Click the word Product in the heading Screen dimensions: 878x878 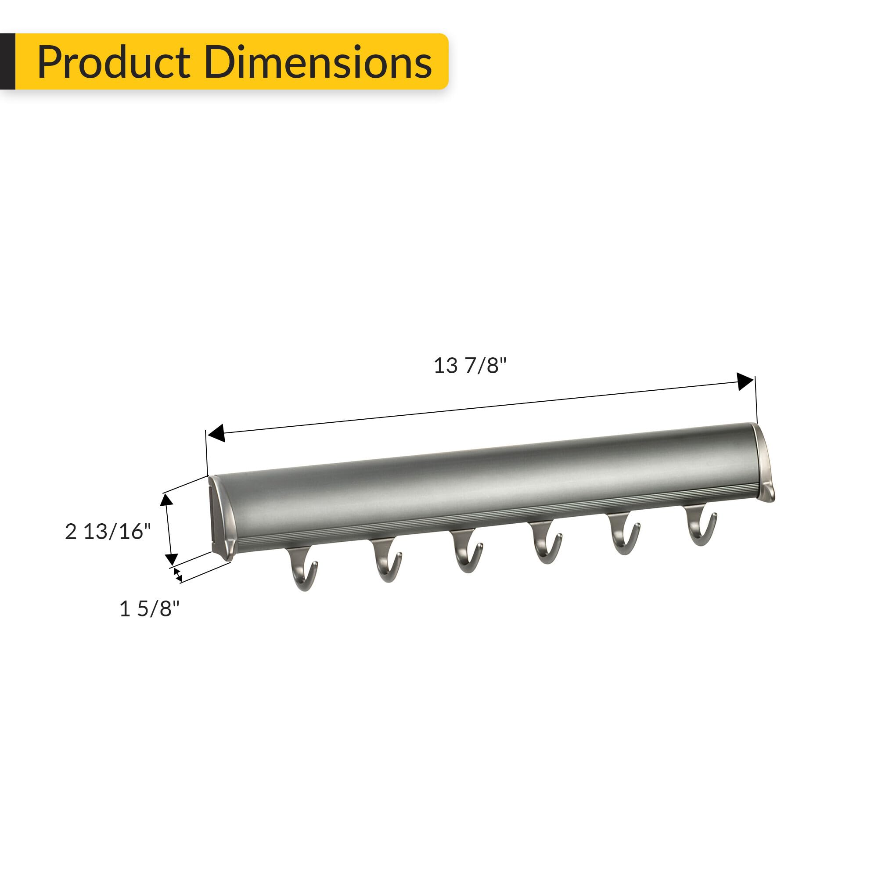pyautogui.click(x=114, y=62)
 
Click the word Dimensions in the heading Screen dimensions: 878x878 pyautogui.click(x=318, y=62)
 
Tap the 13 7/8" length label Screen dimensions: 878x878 pyautogui.click(x=469, y=366)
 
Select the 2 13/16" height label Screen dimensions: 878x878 pyautogui.click(x=108, y=531)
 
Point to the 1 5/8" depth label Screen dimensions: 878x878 pyautogui.click(x=149, y=608)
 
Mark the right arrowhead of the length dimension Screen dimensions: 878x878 pyautogui.click(x=745, y=382)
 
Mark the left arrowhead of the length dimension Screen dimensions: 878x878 pyautogui.click(x=216, y=433)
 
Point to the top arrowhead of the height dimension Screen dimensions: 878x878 pyautogui.click(x=166, y=500)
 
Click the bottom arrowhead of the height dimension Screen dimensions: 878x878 pyautogui.click(x=171, y=558)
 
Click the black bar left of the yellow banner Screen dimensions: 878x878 pyautogui.click(x=7, y=61)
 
